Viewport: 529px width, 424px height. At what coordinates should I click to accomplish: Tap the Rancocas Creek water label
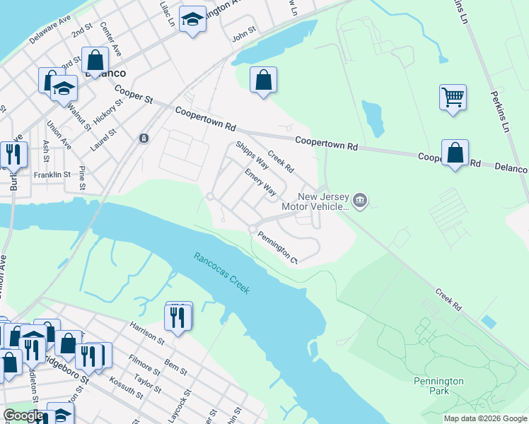[x=221, y=273]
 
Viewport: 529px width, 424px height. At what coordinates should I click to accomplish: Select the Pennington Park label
[x=438, y=386]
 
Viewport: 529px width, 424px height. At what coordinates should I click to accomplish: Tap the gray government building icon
[x=360, y=201]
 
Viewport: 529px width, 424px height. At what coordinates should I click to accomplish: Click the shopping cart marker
[x=453, y=97]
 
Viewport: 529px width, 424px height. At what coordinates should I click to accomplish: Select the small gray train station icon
[x=144, y=138]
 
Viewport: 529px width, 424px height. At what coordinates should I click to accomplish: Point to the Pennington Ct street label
[x=277, y=247]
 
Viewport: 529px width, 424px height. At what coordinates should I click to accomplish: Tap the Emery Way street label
[x=260, y=182]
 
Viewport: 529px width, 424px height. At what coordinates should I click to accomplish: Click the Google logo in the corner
[x=23, y=416]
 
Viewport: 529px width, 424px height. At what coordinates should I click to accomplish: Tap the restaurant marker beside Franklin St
[x=13, y=155]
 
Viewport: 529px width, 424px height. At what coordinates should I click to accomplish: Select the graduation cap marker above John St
[x=192, y=20]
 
